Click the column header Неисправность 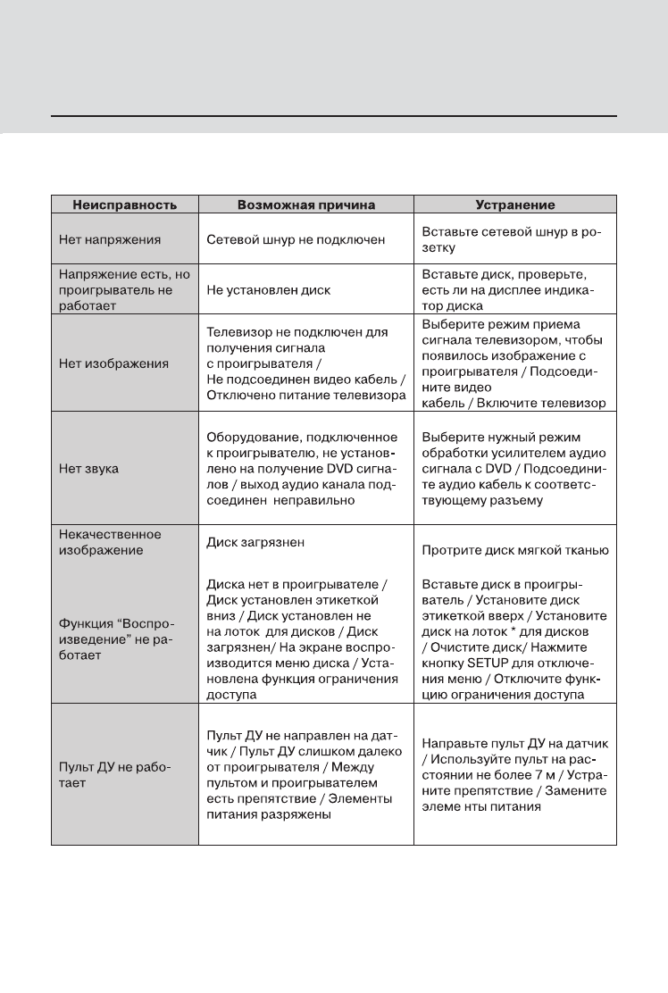(x=124, y=204)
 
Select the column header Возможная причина (x=305, y=204)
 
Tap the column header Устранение (x=515, y=204)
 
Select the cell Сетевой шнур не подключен (x=296, y=239)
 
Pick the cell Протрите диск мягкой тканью (x=514, y=549)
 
